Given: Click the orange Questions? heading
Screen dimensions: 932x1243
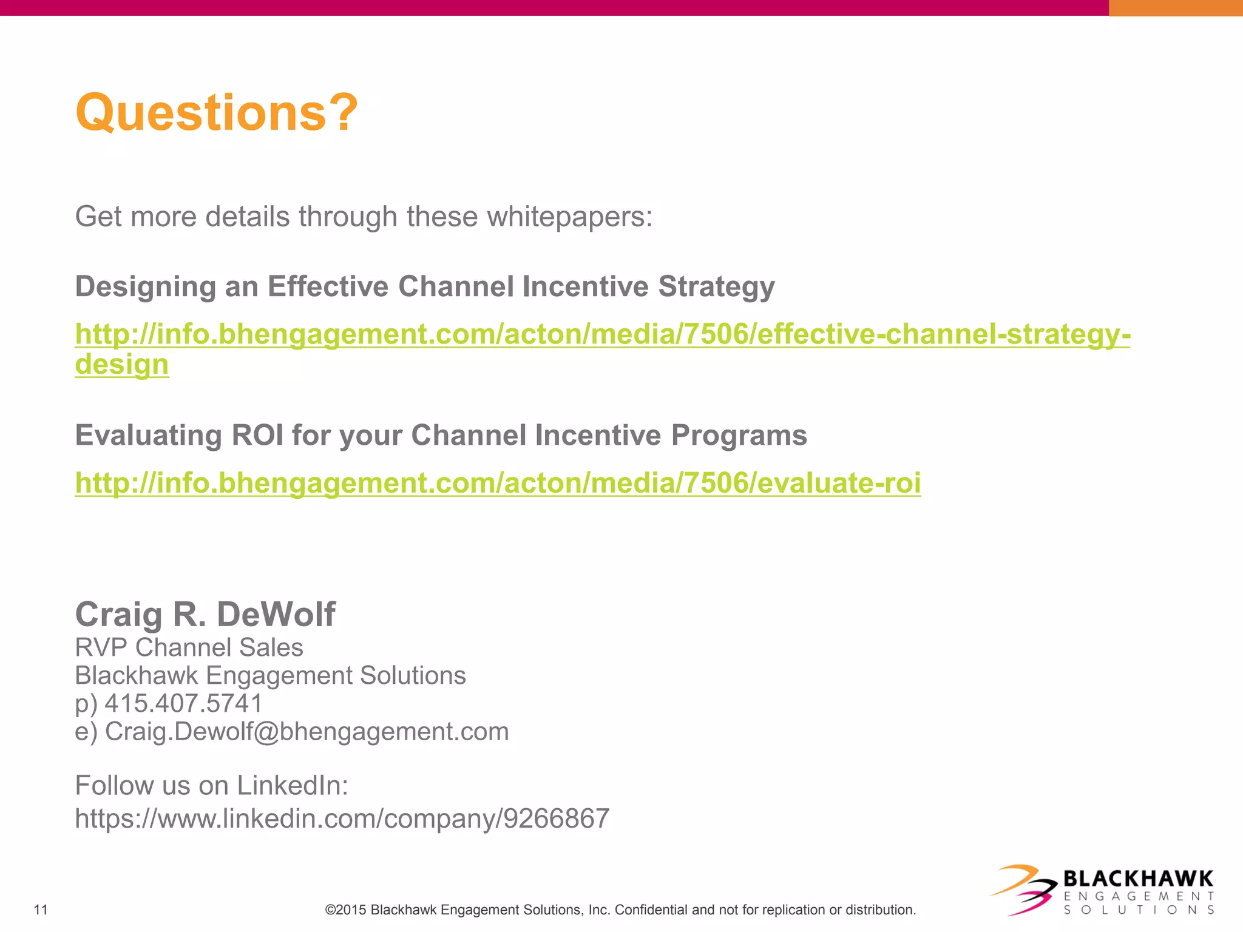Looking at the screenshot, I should (217, 113).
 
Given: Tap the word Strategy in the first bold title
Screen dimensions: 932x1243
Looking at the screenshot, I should (716, 286).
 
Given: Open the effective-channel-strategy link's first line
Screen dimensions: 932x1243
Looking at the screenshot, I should (602, 334).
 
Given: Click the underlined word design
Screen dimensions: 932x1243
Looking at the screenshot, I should (121, 364).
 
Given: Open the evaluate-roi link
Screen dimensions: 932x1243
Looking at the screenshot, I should (498, 483).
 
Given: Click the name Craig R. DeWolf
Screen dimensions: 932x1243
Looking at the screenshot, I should (205, 614).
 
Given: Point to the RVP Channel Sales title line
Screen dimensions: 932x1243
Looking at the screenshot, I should (189, 647).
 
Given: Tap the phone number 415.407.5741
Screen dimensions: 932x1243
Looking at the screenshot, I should (183, 703).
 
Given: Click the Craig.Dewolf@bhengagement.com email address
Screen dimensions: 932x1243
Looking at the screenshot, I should (307, 731).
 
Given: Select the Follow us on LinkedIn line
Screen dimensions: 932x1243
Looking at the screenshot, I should (211, 785).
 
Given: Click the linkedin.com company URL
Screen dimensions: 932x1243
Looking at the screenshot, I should (342, 819).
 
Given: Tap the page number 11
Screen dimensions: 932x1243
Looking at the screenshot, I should (41, 910).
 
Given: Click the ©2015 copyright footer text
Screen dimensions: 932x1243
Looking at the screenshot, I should (620, 910).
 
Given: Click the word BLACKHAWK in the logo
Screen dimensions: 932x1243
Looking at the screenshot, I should (1138, 879).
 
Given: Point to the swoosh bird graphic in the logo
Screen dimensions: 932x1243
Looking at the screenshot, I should (1026, 890).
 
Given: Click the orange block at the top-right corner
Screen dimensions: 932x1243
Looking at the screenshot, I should (1175, 7).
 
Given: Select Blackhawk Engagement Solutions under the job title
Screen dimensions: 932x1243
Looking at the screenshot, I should (270, 675).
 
